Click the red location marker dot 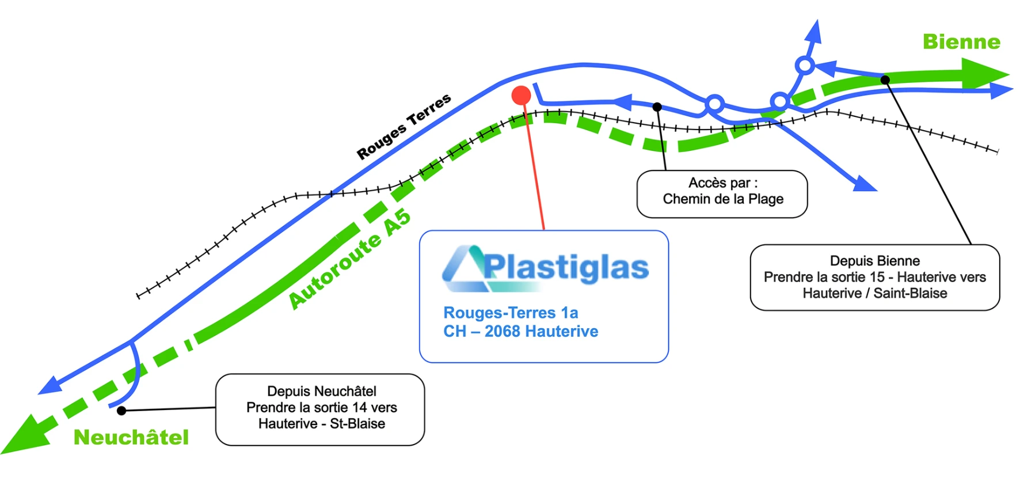[521, 96]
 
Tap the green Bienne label [961, 42]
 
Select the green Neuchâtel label [131, 437]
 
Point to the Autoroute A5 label [349, 259]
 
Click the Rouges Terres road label [404, 126]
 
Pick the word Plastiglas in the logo [566, 267]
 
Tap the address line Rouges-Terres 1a [511, 313]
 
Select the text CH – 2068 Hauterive [521, 331]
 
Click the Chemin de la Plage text [723, 199]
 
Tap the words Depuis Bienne [875, 261]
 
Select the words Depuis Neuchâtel [322, 392]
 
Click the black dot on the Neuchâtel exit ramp [121, 411]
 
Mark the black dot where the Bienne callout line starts [885, 80]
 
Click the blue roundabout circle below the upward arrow [805, 66]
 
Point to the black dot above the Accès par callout [657, 107]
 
